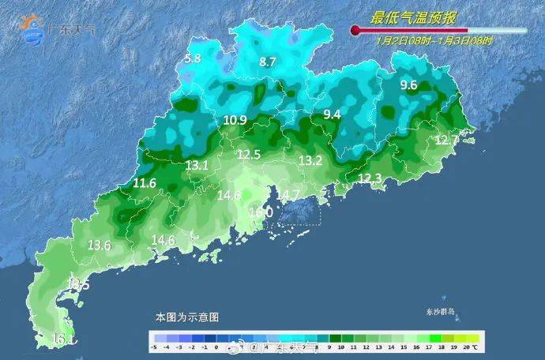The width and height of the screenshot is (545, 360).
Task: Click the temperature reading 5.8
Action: click(x=193, y=58)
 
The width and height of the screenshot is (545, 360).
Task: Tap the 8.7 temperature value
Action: click(x=268, y=62)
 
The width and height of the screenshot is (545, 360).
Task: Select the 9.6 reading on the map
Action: click(x=408, y=85)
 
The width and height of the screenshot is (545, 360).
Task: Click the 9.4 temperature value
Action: click(x=332, y=114)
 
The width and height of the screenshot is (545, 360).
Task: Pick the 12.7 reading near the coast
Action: click(x=447, y=141)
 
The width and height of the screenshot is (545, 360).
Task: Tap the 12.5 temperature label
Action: click(x=249, y=155)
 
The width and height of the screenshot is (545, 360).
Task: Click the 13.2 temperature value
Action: click(x=310, y=160)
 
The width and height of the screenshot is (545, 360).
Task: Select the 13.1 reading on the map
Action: click(x=197, y=165)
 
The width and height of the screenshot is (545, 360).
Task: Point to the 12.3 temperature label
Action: click(x=370, y=179)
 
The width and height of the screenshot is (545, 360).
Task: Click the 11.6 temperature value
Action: click(x=145, y=183)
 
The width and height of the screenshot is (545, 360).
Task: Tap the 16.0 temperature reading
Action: click(x=261, y=212)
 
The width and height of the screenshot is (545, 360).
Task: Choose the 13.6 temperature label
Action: click(x=100, y=245)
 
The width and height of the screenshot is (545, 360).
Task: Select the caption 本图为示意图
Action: click(x=186, y=317)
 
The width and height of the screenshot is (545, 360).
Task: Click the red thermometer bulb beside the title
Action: click(x=355, y=31)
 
